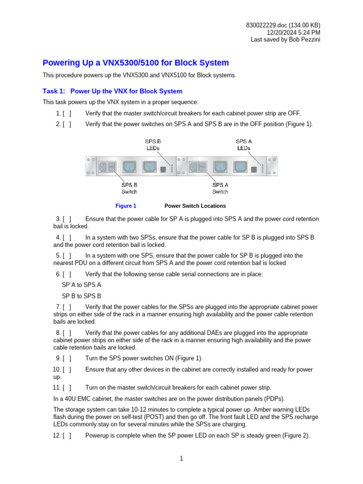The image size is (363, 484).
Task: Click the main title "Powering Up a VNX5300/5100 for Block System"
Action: (136, 63)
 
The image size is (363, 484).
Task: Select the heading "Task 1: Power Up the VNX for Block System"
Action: (112, 91)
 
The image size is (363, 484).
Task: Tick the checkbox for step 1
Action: (67, 113)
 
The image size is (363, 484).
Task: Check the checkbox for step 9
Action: (67, 358)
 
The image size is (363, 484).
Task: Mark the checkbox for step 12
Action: (67, 436)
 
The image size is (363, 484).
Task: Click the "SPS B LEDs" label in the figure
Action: (152, 144)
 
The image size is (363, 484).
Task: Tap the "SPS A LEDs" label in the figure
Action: (243, 144)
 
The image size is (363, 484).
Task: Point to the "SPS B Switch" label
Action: (129, 188)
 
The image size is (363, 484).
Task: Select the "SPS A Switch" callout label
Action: (220, 188)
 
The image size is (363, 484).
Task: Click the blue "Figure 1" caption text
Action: (126, 206)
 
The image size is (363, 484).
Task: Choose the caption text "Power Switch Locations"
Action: (195, 206)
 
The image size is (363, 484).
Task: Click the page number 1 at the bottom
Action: (181, 458)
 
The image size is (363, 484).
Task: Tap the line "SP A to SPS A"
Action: (81, 285)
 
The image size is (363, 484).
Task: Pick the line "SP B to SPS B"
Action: (81, 296)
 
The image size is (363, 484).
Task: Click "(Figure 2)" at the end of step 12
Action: (295, 436)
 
